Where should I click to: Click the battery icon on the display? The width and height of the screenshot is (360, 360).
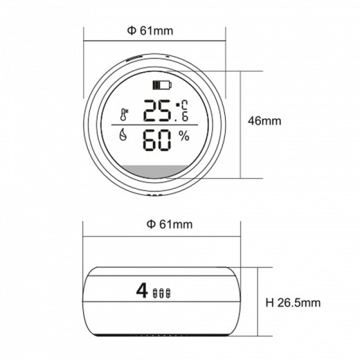point(162,85)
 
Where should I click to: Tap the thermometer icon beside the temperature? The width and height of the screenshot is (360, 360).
point(124,115)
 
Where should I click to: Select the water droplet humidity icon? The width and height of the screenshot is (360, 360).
point(123,135)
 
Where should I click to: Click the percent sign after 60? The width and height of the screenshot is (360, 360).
point(184,136)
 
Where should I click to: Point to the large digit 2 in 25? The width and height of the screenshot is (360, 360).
point(151,111)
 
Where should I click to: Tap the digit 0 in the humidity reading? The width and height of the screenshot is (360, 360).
point(165,141)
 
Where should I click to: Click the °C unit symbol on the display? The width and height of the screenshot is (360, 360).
point(182,105)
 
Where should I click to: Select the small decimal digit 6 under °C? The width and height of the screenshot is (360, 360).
point(185,116)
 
